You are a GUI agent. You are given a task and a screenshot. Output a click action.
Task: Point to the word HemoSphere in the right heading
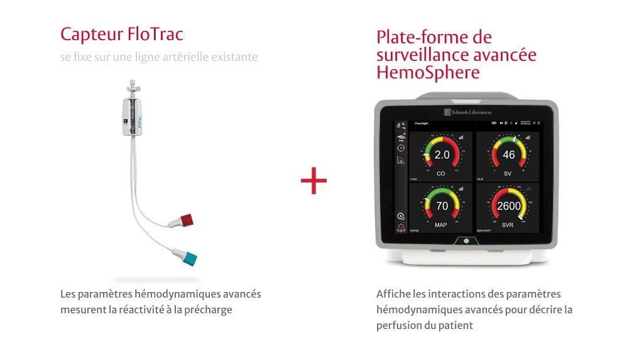(428, 73)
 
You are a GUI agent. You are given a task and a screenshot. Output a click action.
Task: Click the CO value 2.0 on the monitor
(442, 154)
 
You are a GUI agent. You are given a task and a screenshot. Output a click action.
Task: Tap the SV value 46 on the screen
(508, 154)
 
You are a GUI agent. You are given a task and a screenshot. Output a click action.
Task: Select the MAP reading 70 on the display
(442, 205)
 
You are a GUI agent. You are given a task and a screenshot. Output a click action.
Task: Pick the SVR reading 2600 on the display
(508, 205)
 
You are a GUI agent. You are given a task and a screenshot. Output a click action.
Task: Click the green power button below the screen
(466, 240)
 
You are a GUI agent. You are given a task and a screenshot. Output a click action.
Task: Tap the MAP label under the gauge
(442, 224)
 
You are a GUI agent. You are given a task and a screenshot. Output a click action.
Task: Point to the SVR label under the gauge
(508, 224)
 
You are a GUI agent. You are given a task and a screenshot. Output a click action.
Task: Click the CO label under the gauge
(442, 173)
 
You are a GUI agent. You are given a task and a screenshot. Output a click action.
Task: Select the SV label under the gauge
(508, 173)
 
